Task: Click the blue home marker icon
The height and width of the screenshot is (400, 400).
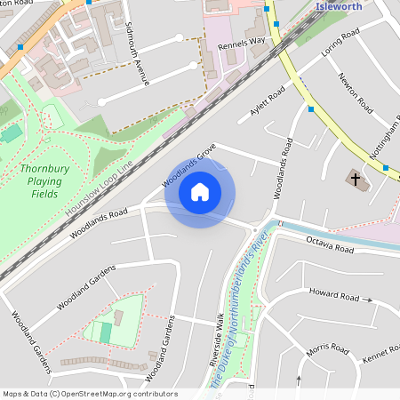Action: (200, 192)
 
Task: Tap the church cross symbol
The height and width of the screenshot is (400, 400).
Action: (356, 180)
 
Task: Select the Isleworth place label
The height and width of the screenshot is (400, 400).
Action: (340, 5)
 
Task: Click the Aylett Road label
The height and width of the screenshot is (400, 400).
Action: (267, 102)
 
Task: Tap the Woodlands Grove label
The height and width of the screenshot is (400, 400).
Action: (189, 169)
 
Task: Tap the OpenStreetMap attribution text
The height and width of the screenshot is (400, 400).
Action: (89, 394)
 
